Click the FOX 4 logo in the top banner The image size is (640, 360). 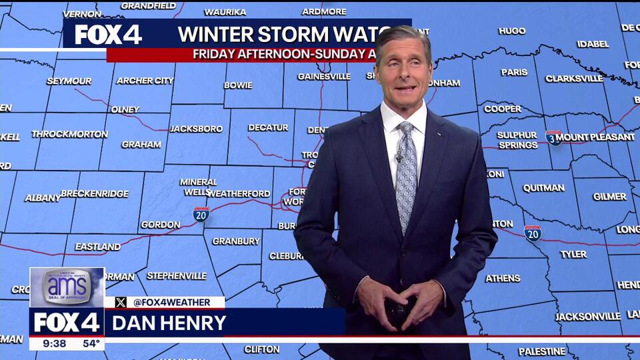(x=107, y=34)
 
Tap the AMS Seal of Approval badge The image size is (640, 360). (x=67, y=287)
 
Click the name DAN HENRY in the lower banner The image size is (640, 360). (x=169, y=323)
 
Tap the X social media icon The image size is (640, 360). (x=121, y=302)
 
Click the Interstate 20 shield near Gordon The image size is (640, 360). (x=201, y=213)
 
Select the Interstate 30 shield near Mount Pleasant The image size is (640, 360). (x=553, y=137)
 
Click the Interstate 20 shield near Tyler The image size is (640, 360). (x=532, y=233)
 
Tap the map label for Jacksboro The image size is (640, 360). (x=196, y=129)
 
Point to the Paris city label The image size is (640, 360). (x=514, y=72)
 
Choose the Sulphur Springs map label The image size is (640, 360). (x=517, y=140)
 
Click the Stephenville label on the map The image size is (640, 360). (x=177, y=275)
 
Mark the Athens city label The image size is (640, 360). (x=503, y=279)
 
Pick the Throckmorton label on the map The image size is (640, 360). (x=69, y=134)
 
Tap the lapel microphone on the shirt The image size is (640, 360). (x=399, y=158)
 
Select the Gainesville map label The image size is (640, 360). (x=323, y=77)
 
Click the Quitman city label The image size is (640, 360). (x=543, y=188)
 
